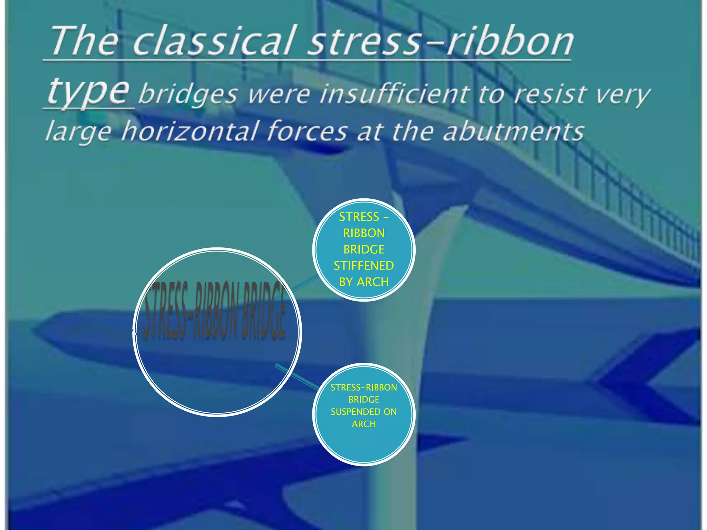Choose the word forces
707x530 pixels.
click(x=308, y=131)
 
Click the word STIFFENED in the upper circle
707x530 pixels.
click(x=364, y=266)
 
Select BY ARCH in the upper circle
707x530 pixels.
click(x=364, y=282)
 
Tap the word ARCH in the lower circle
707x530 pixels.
click(x=364, y=424)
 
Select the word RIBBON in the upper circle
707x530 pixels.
click(x=364, y=233)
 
